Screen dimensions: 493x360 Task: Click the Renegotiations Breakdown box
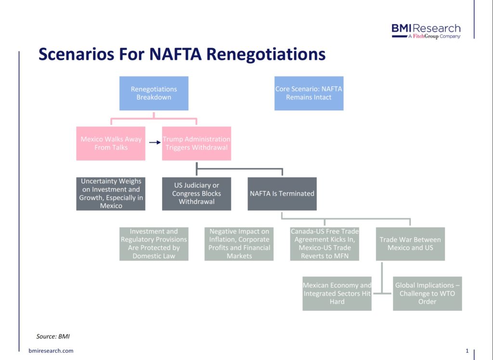point(154,93)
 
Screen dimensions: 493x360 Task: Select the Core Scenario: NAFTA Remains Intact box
point(309,93)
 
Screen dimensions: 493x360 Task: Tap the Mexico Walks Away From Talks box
point(111,144)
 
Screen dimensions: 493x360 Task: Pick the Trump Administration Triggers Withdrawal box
point(196,144)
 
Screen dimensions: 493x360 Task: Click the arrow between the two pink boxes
point(155,143)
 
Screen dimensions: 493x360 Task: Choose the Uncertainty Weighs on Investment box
point(111,194)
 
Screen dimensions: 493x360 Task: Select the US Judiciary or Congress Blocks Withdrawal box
point(196,194)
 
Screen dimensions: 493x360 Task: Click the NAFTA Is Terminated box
point(282,194)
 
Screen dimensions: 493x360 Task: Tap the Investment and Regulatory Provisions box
point(154,244)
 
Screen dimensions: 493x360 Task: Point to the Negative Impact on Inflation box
point(239,244)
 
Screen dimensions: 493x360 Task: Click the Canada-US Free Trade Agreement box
point(324,244)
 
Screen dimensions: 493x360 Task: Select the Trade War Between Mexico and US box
point(410,244)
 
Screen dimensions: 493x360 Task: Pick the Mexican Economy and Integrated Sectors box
point(337,293)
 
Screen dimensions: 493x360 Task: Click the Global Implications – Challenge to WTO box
point(428,293)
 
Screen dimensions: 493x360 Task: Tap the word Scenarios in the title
point(76,54)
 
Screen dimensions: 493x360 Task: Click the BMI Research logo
point(426,31)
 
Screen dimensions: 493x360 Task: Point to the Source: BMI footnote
point(53,336)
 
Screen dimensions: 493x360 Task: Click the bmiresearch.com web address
point(51,350)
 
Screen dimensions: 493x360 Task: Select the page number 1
point(467,350)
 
